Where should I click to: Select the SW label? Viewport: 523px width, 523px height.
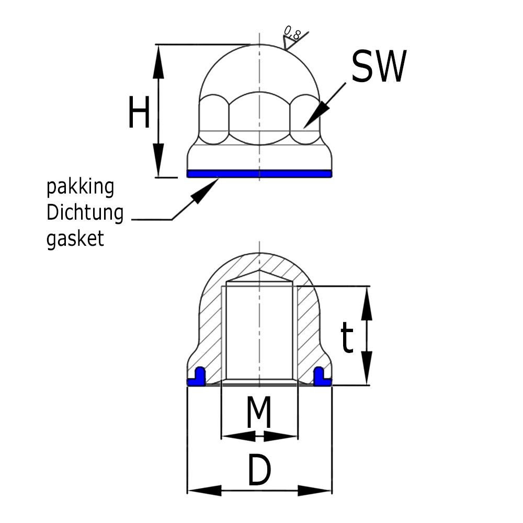pyautogui.click(x=378, y=67)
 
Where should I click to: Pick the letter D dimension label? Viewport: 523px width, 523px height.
pyautogui.click(x=259, y=470)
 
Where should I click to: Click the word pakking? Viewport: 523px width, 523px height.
pyautogui.click(x=81, y=187)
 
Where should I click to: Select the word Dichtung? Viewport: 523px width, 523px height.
pyautogui.click(x=85, y=213)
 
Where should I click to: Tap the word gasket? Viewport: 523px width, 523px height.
pyautogui.click(x=76, y=238)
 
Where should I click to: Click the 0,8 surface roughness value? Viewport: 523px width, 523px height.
pyautogui.click(x=292, y=33)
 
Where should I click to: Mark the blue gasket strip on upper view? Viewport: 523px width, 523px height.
pyautogui.click(x=259, y=174)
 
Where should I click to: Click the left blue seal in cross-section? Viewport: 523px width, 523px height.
pyautogui.click(x=197, y=378)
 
